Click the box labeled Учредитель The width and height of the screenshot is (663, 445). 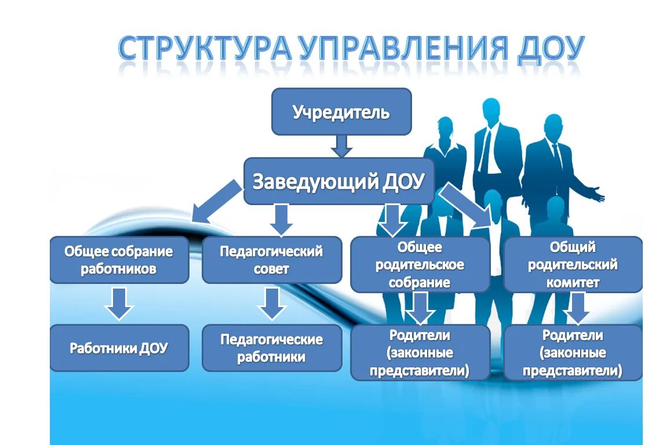pos(341,112)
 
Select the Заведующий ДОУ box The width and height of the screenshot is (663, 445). pos(339,181)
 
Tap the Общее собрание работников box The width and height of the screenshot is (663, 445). pos(119,260)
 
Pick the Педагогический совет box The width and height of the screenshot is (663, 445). pos(271,260)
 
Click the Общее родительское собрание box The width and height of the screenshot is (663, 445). pos(420,264)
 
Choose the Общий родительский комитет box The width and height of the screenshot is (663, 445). pos(573,264)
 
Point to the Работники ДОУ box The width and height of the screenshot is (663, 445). pos(119,348)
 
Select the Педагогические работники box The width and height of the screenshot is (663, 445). pos(271,348)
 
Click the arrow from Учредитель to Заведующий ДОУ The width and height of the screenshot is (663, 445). pos(341,145)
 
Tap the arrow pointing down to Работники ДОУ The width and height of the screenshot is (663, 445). pos(119,304)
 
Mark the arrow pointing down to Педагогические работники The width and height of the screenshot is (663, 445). pos(272,304)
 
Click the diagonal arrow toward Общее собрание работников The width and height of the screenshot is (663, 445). pos(216,202)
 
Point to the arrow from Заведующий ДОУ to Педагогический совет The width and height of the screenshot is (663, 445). pos(281,219)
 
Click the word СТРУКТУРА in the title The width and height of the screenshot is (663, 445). pos(204,50)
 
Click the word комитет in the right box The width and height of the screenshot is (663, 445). pos(572,283)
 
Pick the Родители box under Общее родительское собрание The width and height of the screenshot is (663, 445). pos(420,352)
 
